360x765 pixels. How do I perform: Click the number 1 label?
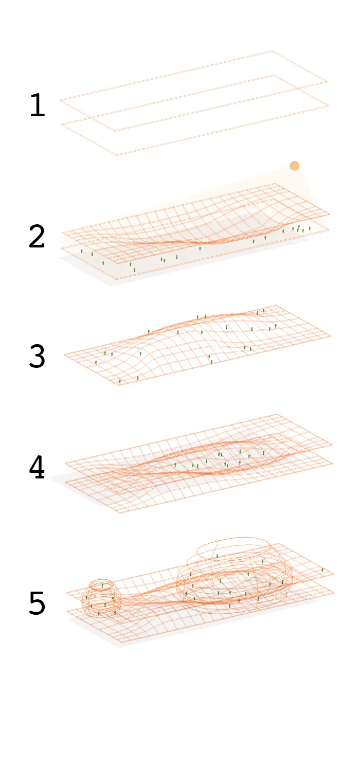click(x=37, y=105)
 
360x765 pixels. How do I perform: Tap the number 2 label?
click(x=37, y=237)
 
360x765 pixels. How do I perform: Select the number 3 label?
click(x=37, y=357)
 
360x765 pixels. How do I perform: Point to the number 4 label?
click(x=37, y=468)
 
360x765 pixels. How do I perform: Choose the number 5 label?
click(x=37, y=604)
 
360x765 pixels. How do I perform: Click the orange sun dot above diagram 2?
click(x=294, y=166)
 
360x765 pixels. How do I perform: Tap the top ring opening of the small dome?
click(x=102, y=584)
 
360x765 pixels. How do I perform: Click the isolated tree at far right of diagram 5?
click(x=322, y=570)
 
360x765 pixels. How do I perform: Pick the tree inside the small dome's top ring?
click(x=102, y=585)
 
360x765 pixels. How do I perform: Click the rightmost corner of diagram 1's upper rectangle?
click(x=327, y=82)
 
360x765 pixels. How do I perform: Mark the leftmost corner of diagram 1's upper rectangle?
click(x=60, y=100)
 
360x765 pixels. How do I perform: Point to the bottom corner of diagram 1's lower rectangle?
click(x=116, y=155)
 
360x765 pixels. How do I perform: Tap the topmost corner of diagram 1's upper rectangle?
click(x=273, y=51)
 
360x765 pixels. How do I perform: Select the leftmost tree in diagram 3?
click(x=96, y=362)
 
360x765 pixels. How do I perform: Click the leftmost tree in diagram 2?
click(x=81, y=251)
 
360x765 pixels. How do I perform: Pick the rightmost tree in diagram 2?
click(x=310, y=228)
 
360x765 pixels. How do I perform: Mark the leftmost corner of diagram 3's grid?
click(x=64, y=354)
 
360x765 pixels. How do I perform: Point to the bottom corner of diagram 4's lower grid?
click(x=119, y=513)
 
